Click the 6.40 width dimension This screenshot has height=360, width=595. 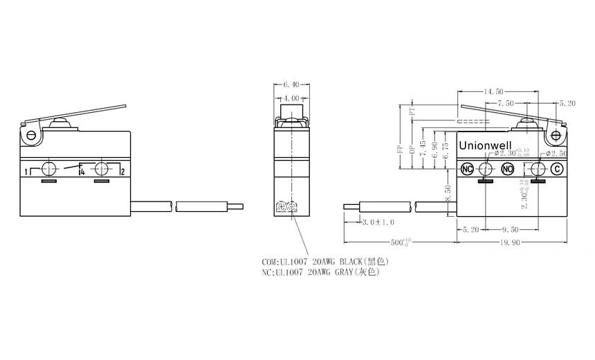pos(291,85)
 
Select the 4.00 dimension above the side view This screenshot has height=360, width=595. pos(291,99)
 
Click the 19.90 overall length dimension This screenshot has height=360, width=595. pos(513,243)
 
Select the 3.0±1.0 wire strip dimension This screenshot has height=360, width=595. pos(378,222)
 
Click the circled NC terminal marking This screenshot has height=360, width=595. pos(467,169)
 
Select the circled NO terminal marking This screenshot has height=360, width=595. pos(507,169)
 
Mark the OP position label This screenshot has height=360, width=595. pos(412,148)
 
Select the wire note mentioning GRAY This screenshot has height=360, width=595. pos(322,273)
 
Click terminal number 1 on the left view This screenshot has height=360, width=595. pos(26,171)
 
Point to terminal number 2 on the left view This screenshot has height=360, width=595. pos(122,171)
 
